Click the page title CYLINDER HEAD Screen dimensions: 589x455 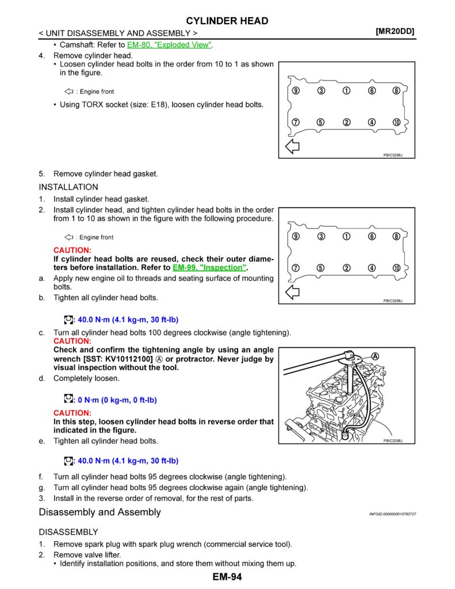[227, 21]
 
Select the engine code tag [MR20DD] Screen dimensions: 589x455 [395, 32]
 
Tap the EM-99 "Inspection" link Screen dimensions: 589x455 [209, 267]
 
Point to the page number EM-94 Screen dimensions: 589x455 [227, 577]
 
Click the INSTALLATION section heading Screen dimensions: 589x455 [68, 187]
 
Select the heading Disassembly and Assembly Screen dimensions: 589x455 [100, 512]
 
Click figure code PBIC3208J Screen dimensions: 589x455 [392, 441]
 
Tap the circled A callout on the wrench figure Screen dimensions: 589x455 [375, 357]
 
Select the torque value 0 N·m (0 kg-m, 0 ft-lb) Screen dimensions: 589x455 [117, 400]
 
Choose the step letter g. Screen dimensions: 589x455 [41, 488]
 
